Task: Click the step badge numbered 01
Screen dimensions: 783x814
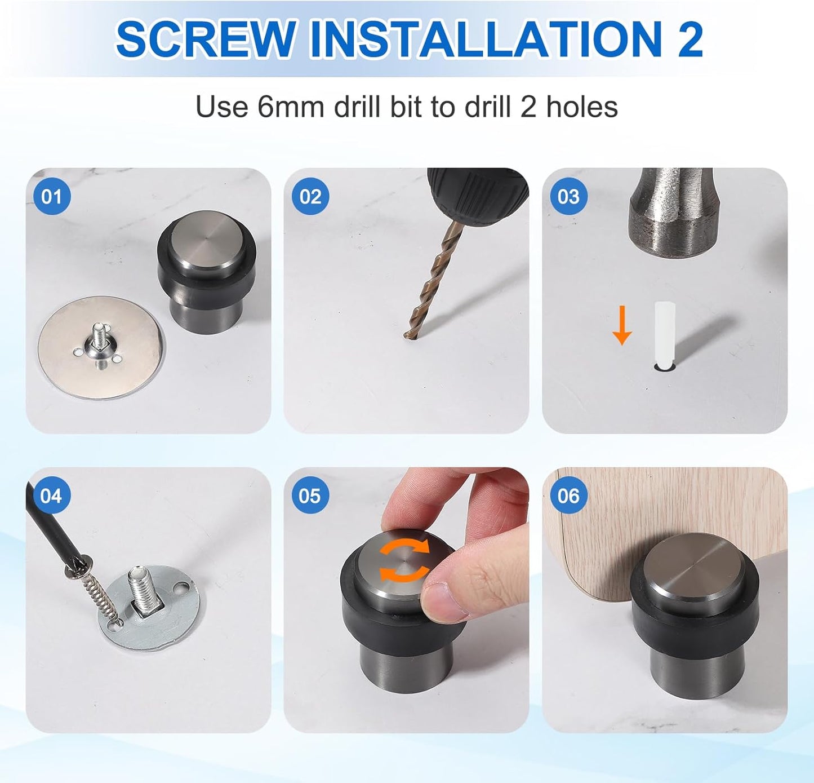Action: (51, 197)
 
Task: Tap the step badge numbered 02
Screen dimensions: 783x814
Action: (310, 197)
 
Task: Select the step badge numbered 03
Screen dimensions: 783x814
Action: (568, 197)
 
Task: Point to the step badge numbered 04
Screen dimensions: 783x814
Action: (51, 496)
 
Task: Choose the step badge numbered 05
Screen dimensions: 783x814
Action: (310, 496)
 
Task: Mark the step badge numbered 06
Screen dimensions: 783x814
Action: (568, 496)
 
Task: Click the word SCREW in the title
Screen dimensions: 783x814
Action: (206, 39)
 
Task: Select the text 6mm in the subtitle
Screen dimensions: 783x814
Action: (291, 107)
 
